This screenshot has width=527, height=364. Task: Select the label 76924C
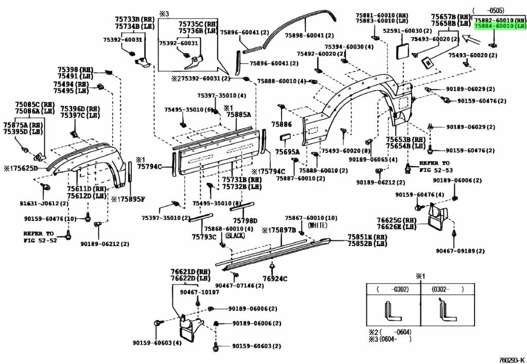coord(275,279)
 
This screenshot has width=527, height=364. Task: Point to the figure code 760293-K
coord(511,359)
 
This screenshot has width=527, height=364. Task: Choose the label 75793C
coord(204,237)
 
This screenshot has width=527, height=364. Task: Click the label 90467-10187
coord(199,292)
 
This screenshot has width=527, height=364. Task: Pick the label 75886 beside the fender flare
coord(282,125)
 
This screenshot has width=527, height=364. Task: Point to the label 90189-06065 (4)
coord(373,160)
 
